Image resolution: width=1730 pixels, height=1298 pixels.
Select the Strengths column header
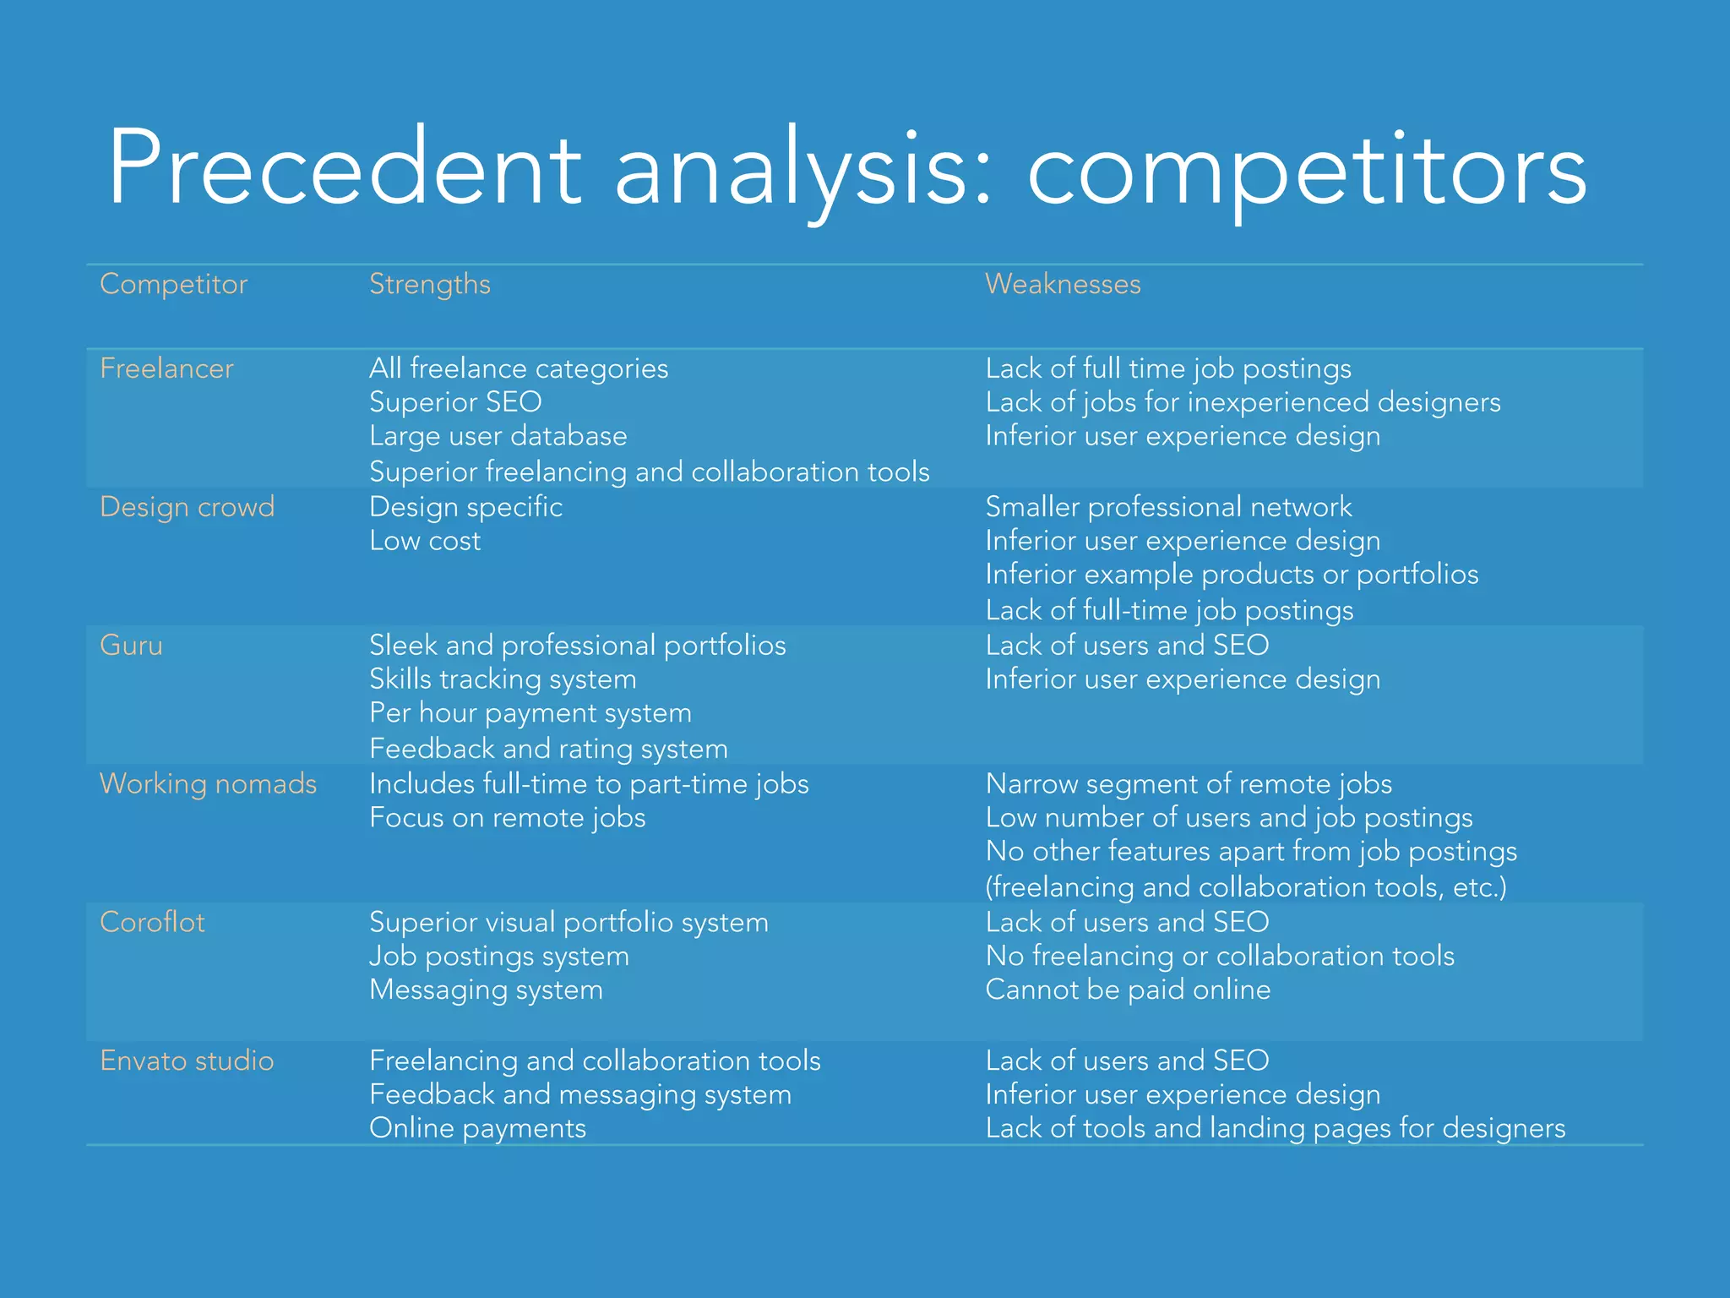pos(429,284)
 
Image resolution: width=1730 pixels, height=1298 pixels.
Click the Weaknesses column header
pos(1063,284)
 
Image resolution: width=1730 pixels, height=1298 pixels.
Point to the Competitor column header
pos(173,284)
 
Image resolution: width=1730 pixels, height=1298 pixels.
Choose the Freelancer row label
pos(166,368)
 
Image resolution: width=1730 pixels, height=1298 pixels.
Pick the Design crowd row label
pos(187,507)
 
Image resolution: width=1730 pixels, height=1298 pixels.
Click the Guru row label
pos(131,646)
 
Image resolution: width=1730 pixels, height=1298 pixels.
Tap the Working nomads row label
pos(208,784)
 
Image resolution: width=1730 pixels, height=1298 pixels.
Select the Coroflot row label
pos(152,922)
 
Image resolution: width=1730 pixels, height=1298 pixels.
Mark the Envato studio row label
pos(187,1061)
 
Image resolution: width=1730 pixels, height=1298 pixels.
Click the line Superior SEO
pos(455,402)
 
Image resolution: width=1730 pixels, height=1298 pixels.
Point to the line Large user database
pos(498,436)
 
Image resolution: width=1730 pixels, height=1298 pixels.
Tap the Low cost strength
pos(425,541)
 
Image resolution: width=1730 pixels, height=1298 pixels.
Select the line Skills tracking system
pos(503,679)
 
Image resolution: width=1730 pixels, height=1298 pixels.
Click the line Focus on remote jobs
pos(507,818)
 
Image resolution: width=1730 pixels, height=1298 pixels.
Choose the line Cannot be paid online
pos(1128,990)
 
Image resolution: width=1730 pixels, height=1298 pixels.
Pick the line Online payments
pos(477,1128)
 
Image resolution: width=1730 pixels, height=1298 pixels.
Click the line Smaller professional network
pos(1168,507)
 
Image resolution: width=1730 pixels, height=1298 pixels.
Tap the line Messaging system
pos(486,990)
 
